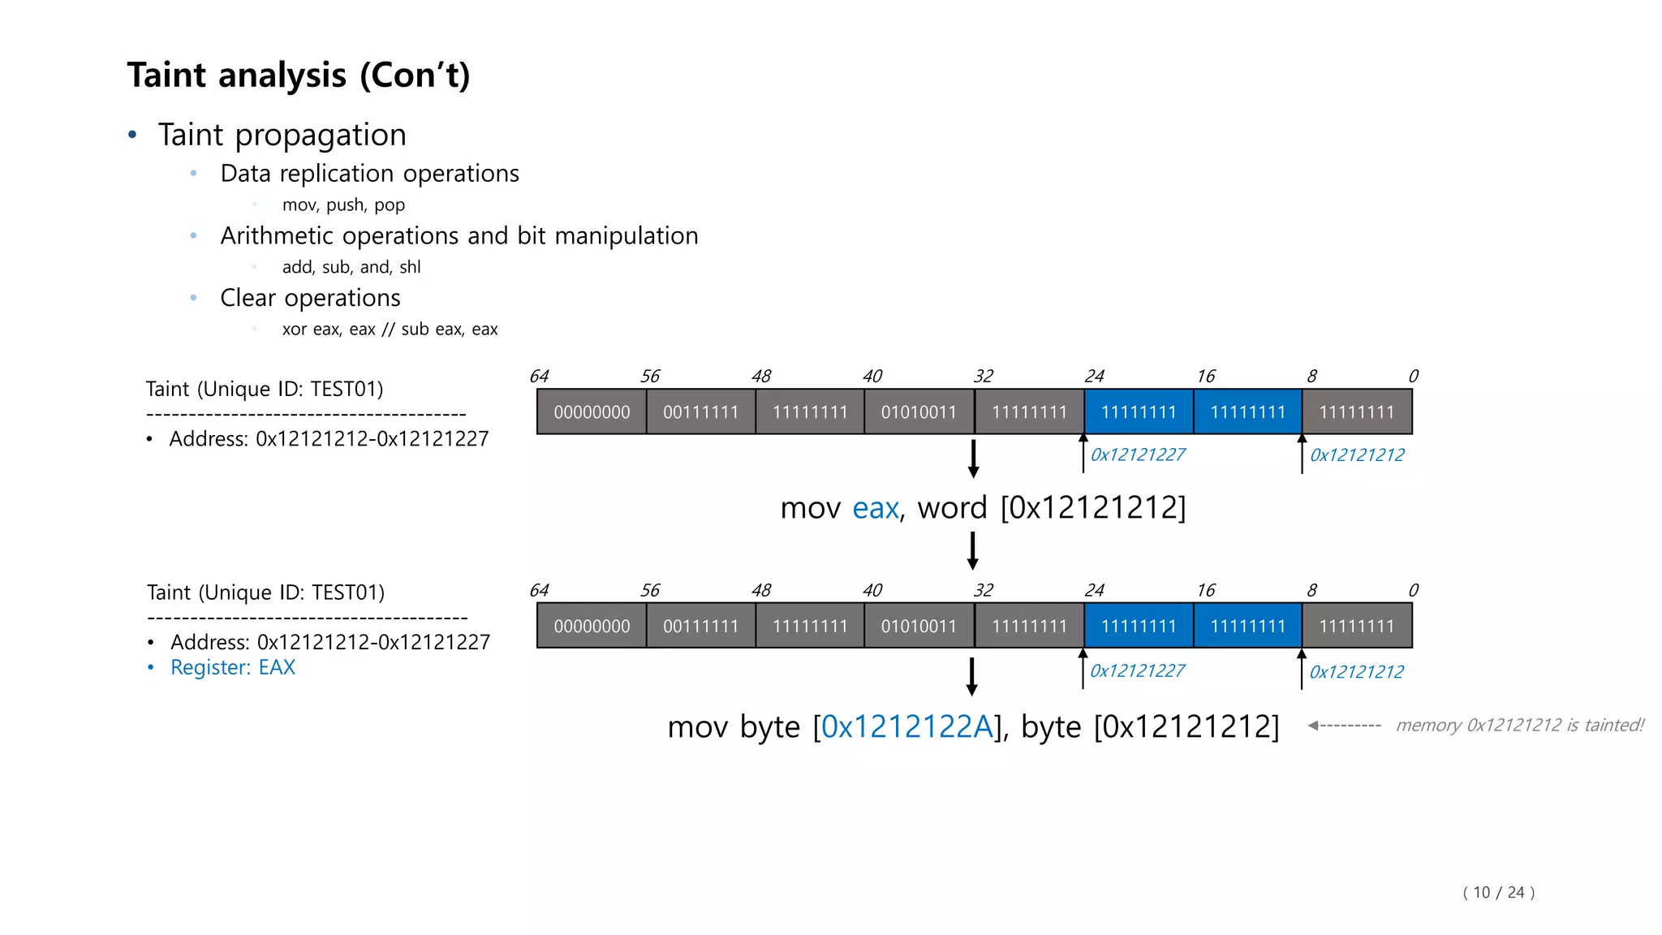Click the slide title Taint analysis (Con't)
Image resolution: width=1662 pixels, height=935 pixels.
pyautogui.click(x=298, y=75)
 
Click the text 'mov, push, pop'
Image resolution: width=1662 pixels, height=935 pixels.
pyautogui.click(x=343, y=205)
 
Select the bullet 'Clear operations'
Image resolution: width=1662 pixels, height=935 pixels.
pyautogui.click(x=310, y=298)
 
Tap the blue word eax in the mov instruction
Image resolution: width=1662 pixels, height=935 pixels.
pyautogui.click(x=875, y=508)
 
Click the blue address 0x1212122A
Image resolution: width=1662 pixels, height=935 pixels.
pyautogui.click(x=906, y=726)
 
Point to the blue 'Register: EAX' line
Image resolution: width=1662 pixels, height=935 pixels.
pyautogui.click(x=232, y=667)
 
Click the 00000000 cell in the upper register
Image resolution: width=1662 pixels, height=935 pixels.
pyautogui.click(x=592, y=412)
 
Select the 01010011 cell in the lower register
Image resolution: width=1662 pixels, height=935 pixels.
pyautogui.click(x=919, y=627)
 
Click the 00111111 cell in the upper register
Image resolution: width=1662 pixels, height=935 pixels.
pyautogui.click(x=700, y=412)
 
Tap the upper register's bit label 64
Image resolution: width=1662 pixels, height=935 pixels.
pyautogui.click(x=539, y=377)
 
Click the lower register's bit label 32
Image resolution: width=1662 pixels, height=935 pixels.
pyautogui.click(x=983, y=591)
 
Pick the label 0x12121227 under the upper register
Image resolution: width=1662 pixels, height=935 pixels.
pyautogui.click(x=1137, y=455)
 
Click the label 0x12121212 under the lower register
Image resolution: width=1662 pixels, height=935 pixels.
pyautogui.click(x=1356, y=672)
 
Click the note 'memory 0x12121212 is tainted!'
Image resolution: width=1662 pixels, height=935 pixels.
pyautogui.click(x=1519, y=726)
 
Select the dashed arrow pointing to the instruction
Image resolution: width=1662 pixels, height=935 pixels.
pyautogui.click(x=1344, y=726)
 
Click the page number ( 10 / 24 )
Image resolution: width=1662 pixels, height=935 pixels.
pyautogui.click(x=1498, y=893)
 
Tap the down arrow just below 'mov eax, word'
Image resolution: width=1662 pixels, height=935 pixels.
pyautogui.click(x=972, y=550)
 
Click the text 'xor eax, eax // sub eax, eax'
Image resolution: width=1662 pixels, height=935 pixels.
pyautogui.click(x=390, y=330)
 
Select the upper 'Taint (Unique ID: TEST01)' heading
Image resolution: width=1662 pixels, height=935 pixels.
pyautogui.click(x=265, y=390)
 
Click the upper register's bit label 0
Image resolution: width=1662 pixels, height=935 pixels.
pyautogui.click(x=1413, y=377)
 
